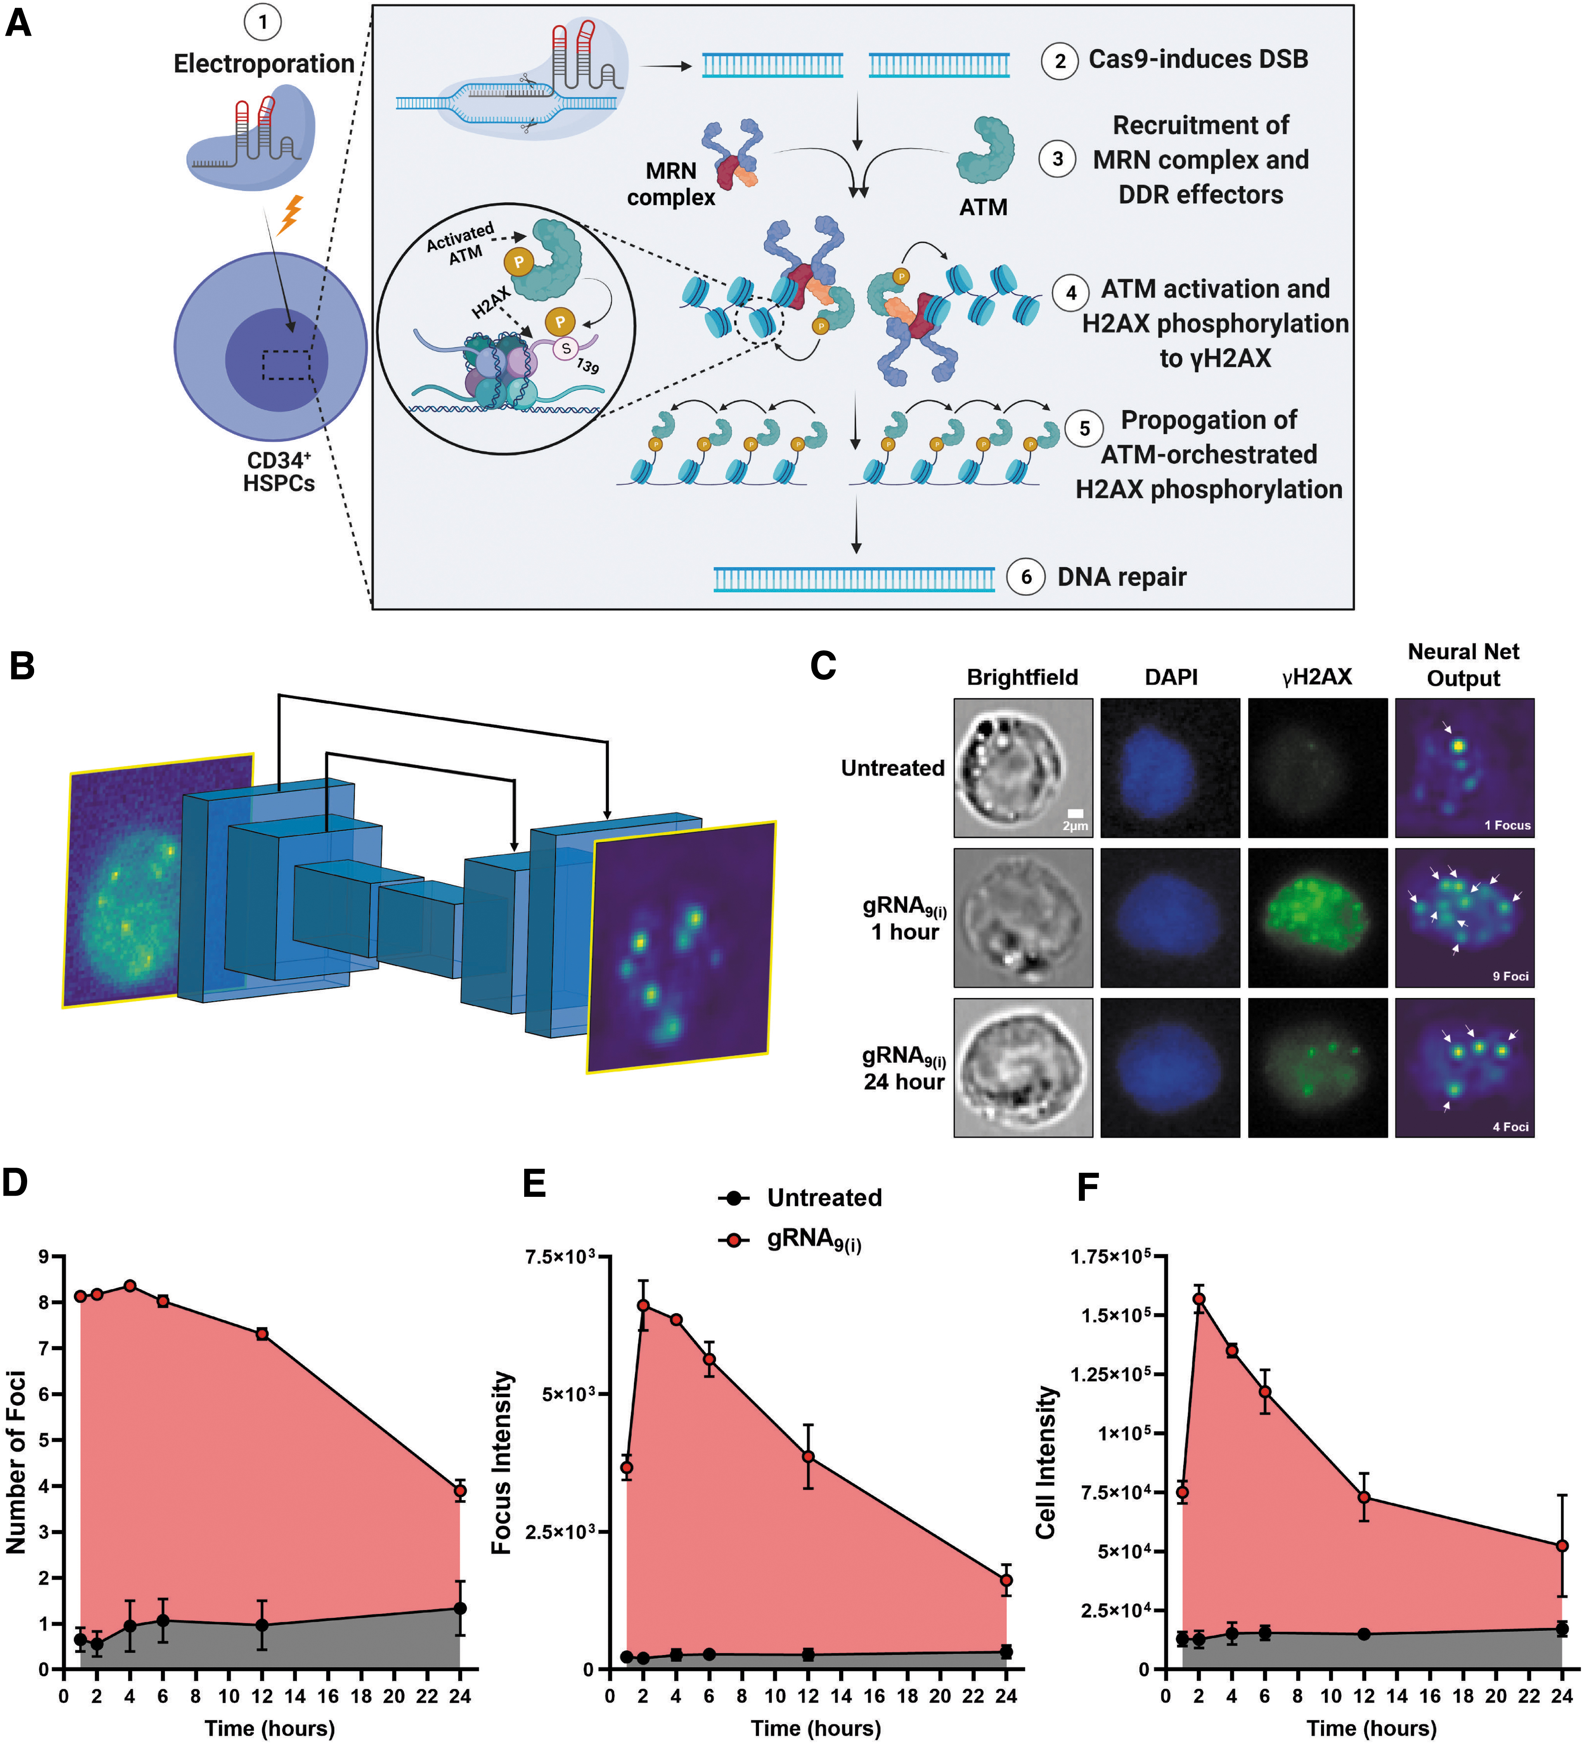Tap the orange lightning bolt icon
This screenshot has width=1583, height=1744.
click(x=291, y=215)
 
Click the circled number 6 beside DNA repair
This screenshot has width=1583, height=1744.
click(x=1026, y=577)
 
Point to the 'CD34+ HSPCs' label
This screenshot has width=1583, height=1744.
click(x=279, y=472)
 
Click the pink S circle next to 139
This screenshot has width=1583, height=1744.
click(x=566, y=348)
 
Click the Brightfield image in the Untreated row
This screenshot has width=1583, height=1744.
click(x=1022, y=767)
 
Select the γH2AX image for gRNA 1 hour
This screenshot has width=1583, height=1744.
click(x=1318, y=917)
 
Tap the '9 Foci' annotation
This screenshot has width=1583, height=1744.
click(x=1509, y=976)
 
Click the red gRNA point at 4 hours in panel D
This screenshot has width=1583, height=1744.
click(x=130, y=1286)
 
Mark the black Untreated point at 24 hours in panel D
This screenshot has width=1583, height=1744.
click(x=460, y=1608)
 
